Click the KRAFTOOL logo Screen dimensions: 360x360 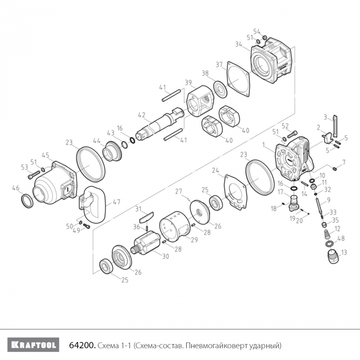[33, 345]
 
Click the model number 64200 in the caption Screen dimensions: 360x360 [82, 345]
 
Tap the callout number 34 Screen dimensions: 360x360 [239, 44]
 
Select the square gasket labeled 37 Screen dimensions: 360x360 [238, 79]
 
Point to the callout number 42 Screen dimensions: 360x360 [141, 115]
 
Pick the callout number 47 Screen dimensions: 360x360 [117, 202]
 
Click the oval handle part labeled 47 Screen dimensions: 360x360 [93, 204]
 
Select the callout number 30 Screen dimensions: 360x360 [166, 256]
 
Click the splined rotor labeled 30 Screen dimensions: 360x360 [145, 243]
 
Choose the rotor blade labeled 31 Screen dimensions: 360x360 [146, 217]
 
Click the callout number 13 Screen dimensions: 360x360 [344, 253]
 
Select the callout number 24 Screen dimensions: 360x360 [215, 170]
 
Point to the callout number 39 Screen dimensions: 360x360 [189, 83]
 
